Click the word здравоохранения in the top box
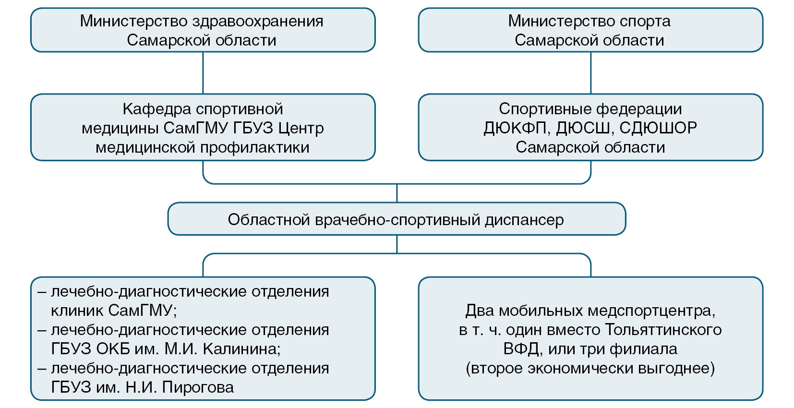pyautogui.click(x=258, y=22)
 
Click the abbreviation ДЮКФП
pyautogui.click(x=515, y=128)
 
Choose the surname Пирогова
pyautogui.click(x=198, y=387)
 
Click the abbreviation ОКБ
pyautogui.click(x=113, y=349)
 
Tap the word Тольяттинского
pyautogui.click(x=663, y=330)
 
